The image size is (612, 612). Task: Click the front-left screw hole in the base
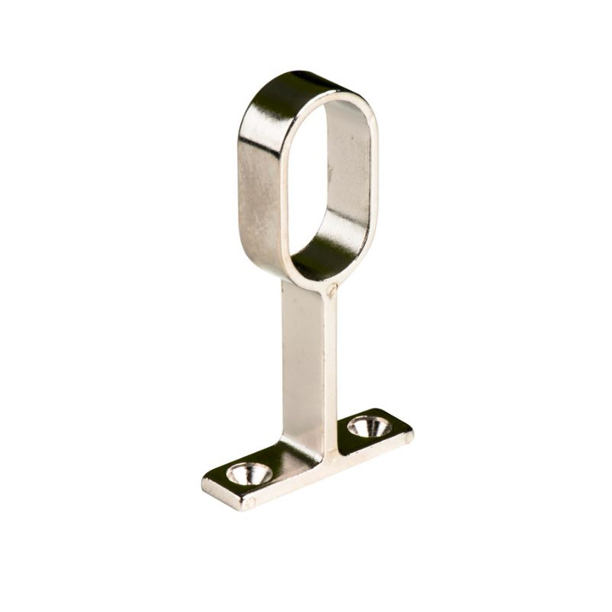point(249,474)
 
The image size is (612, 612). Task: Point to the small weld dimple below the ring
point(331,290)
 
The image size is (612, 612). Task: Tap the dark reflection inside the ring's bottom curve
point(325,256)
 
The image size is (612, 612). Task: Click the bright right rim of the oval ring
point(373,176)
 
